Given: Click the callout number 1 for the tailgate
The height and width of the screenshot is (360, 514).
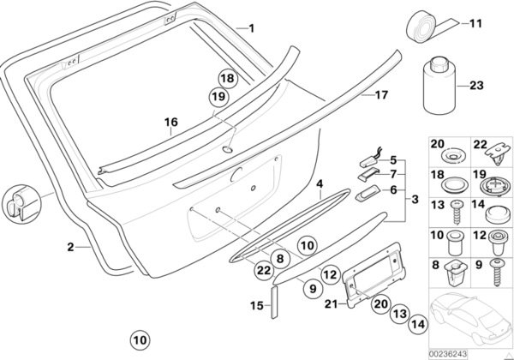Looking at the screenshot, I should [251, 27].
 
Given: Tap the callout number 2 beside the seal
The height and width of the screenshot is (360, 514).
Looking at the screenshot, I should [71, 247].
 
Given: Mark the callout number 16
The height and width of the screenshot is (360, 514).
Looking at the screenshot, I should [170, 122].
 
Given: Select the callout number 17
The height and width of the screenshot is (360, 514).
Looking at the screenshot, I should [381, 96].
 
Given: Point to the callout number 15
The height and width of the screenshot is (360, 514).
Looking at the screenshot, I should [254, 304].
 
